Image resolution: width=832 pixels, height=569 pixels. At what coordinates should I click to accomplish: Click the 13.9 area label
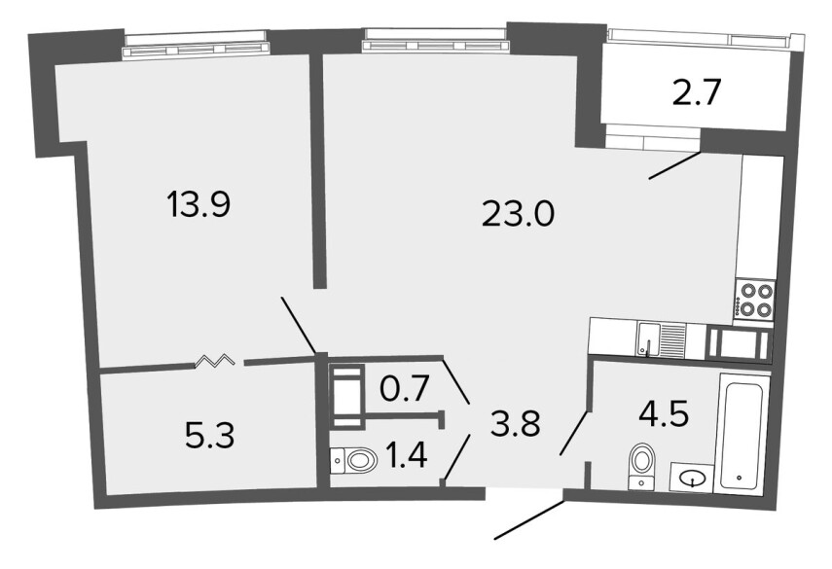[x=199, y=204]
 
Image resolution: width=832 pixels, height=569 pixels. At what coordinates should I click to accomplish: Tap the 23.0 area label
[x=518, y=215]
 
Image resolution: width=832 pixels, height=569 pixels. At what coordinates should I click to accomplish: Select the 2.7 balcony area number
[x=696, y=92]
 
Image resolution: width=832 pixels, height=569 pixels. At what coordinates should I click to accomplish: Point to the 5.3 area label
[x=210, y=437]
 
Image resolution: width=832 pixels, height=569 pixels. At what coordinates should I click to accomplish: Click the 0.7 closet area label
[x=405, y=389]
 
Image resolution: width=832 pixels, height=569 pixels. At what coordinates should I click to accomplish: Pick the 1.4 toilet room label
[x=407, y=455]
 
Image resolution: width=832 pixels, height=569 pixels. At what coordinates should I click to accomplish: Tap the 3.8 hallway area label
[x=515, y=423]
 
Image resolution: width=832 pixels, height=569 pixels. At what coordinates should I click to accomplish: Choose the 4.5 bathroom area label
[x=664, y=413]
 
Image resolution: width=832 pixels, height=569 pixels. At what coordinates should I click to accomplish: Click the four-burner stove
[x=754, y=300]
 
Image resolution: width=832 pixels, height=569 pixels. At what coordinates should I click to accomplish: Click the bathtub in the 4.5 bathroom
[x=742, y=433]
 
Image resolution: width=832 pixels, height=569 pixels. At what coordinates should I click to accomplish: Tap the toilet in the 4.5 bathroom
[x=642, y=466]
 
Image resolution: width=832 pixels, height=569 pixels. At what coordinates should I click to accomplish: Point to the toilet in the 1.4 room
[x=354, y=460]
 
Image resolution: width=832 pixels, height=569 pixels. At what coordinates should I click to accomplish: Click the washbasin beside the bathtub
[x=692, y=478]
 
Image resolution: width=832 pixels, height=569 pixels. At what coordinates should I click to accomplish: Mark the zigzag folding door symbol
[x=215, y=361]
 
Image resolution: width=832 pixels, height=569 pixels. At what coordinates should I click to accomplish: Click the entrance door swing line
[x=529, y=520]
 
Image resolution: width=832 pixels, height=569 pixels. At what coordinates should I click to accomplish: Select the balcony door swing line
[x=675, y=165]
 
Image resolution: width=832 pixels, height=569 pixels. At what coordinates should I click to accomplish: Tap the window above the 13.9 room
[x=195, y=45]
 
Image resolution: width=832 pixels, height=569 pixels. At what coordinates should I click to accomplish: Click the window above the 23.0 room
[x=435, y=41]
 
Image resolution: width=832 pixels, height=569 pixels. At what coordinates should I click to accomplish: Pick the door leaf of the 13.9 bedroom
[x=299, y=326]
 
